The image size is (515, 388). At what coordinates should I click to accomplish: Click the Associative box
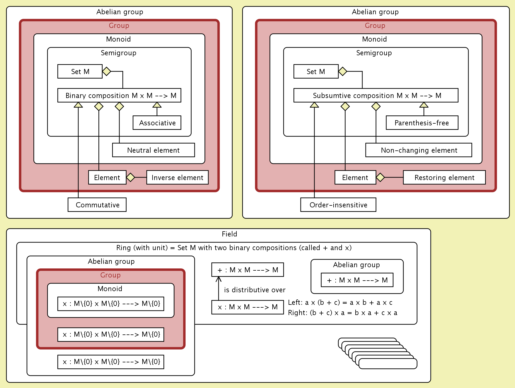[157, 123]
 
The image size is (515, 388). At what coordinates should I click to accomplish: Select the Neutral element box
[153, 150]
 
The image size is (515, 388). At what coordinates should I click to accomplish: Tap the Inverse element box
[177, 177]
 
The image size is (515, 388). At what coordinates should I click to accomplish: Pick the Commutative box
[97, 205]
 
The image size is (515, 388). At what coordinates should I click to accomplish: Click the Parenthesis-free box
[422, 123]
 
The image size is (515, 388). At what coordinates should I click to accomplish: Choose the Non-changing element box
[419, 150]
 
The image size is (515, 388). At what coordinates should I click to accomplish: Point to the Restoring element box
[444, 177]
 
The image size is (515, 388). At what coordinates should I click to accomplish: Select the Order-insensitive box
[338, 205]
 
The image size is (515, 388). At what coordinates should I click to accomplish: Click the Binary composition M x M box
[119, 95]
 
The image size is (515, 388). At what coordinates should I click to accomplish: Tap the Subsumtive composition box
[376, 95]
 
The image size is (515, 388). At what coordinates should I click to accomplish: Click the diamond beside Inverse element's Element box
[131, 177]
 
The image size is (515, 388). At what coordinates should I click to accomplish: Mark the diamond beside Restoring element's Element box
[380, 177]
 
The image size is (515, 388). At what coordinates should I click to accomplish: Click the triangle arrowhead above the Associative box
[157, 105]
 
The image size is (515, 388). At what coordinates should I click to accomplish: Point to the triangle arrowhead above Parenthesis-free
[424, 105]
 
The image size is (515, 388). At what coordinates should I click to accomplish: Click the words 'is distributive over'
[255, 290]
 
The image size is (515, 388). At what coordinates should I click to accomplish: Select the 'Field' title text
[229, 234]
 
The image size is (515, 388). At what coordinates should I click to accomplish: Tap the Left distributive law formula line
[340, 303]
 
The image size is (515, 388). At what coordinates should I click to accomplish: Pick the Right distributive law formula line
[342, 313]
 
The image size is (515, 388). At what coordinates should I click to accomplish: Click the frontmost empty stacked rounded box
[388, 364]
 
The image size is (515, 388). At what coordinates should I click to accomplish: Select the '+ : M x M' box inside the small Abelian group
[357, 280]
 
